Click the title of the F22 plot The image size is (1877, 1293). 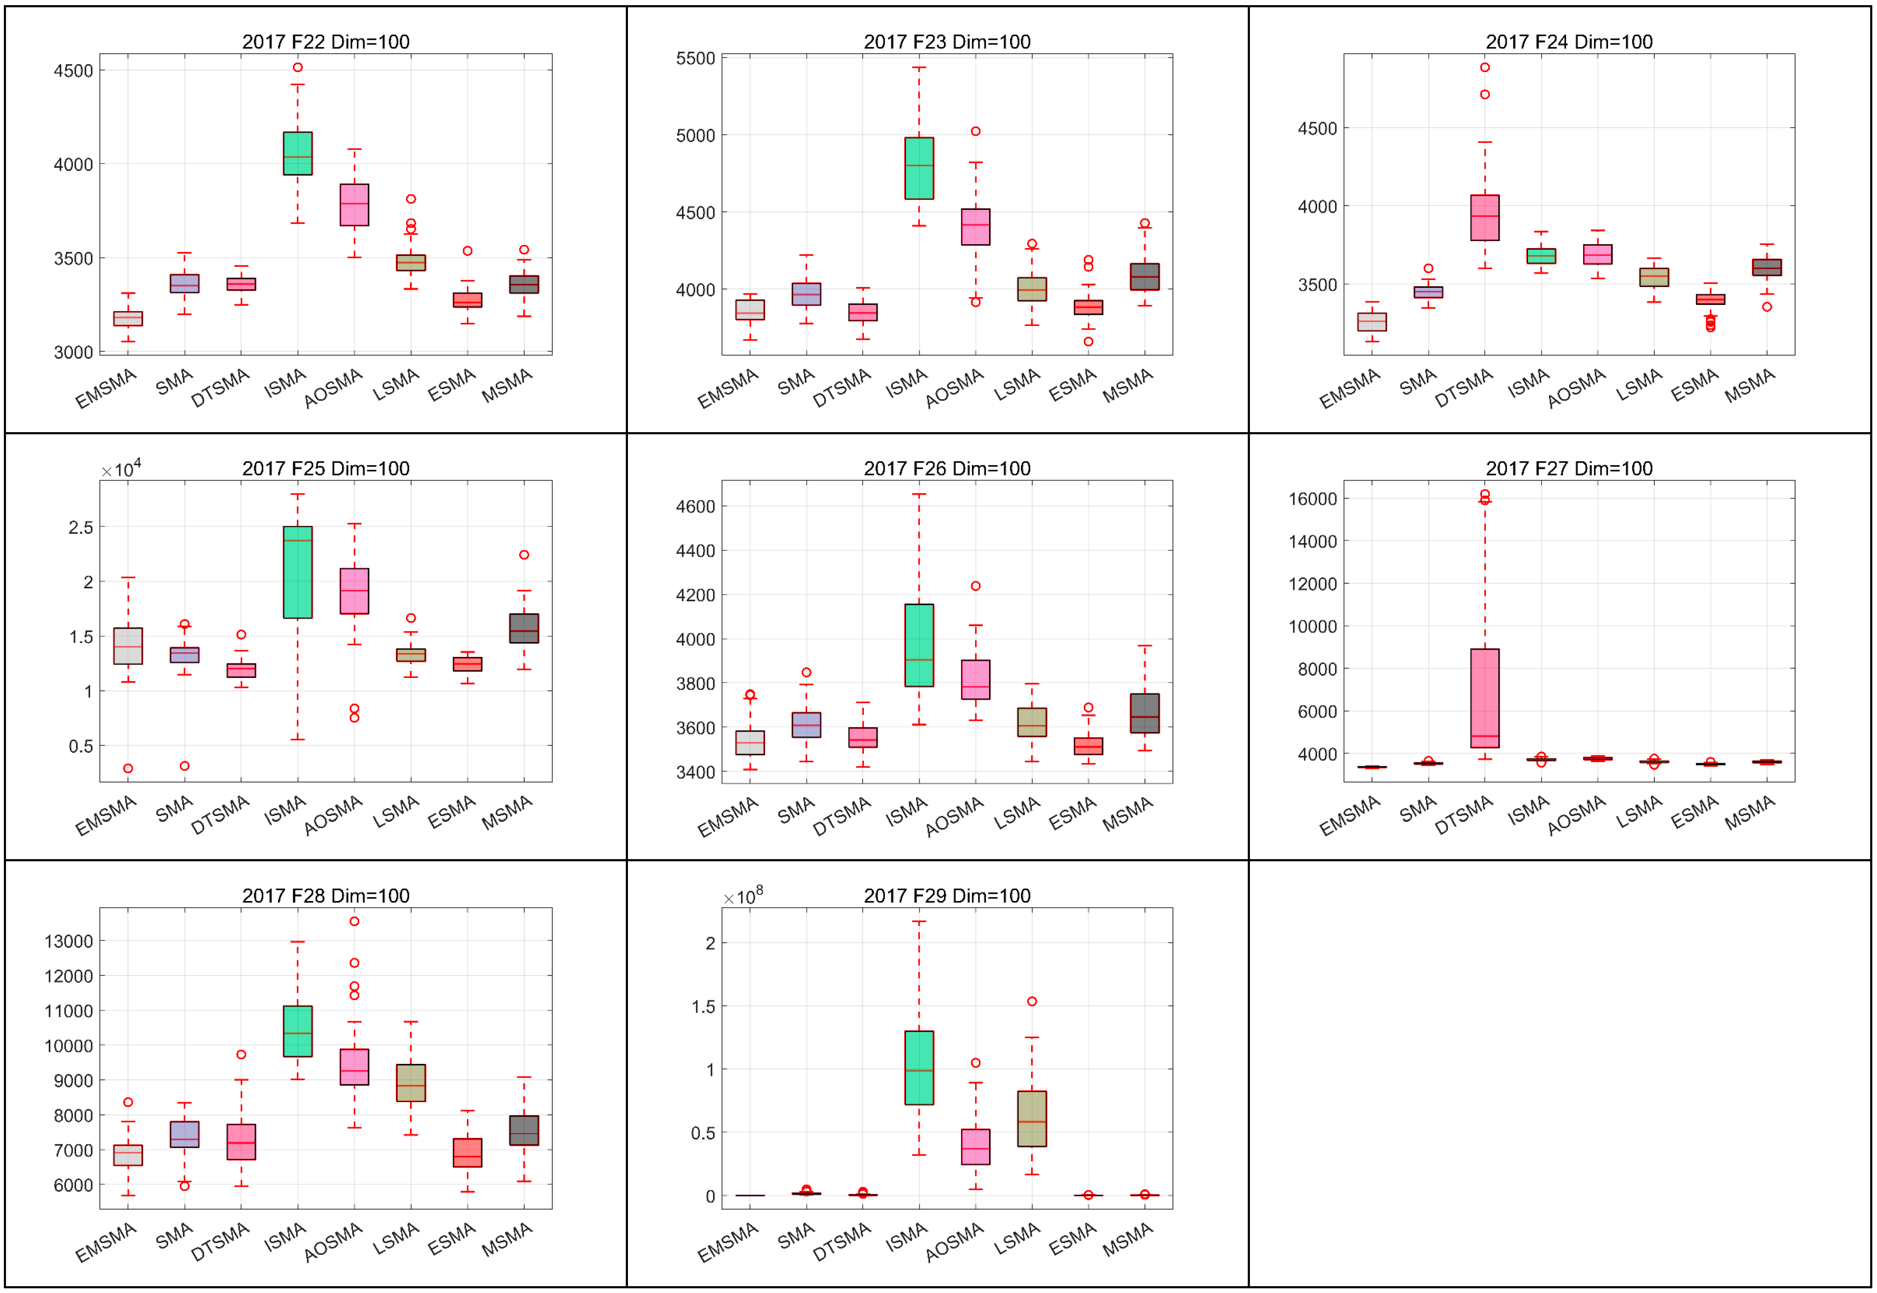coord(326,41)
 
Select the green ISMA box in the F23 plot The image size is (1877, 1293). coord(919,168)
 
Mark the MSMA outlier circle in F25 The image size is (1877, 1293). coord(524,555)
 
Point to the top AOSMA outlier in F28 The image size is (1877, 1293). coord(354,921)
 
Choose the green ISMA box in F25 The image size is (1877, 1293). coord(297,572)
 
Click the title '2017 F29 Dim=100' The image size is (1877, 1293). coord(947,895)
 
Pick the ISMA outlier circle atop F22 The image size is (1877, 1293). coord(297,67)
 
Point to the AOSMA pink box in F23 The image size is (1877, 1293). coord(975,227)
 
